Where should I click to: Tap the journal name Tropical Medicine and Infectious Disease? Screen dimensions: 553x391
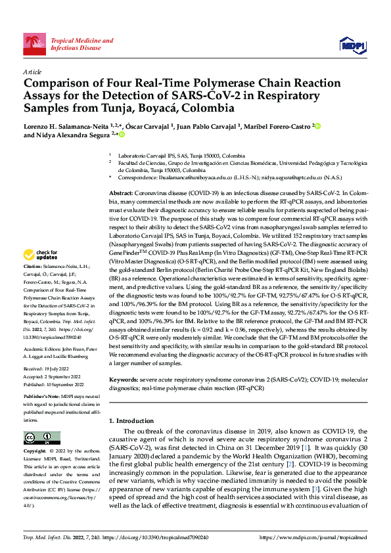(76, 44)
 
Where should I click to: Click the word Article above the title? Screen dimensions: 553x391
(32, 72)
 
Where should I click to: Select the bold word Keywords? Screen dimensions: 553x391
(124, 380)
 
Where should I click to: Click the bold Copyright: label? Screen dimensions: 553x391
(35, 452)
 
